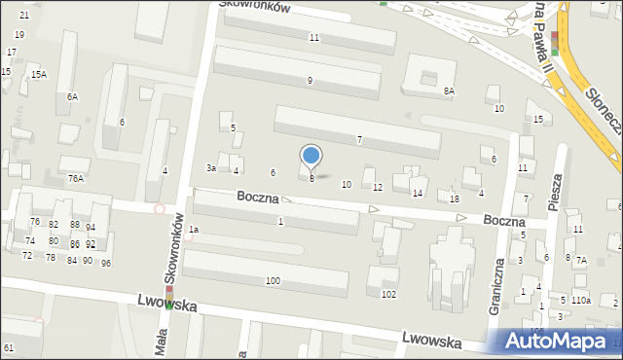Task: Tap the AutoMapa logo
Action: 555,341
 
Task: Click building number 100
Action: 274,281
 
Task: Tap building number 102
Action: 388,294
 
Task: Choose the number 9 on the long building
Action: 310,80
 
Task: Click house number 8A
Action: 449,90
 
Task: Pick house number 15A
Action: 38,75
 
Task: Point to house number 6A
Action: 72,96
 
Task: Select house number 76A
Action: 75,179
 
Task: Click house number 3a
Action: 210,167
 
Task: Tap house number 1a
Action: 194,230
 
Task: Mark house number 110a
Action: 581,301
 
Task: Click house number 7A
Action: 581,260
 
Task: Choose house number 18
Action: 455,198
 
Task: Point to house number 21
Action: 24,16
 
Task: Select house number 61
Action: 9,347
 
